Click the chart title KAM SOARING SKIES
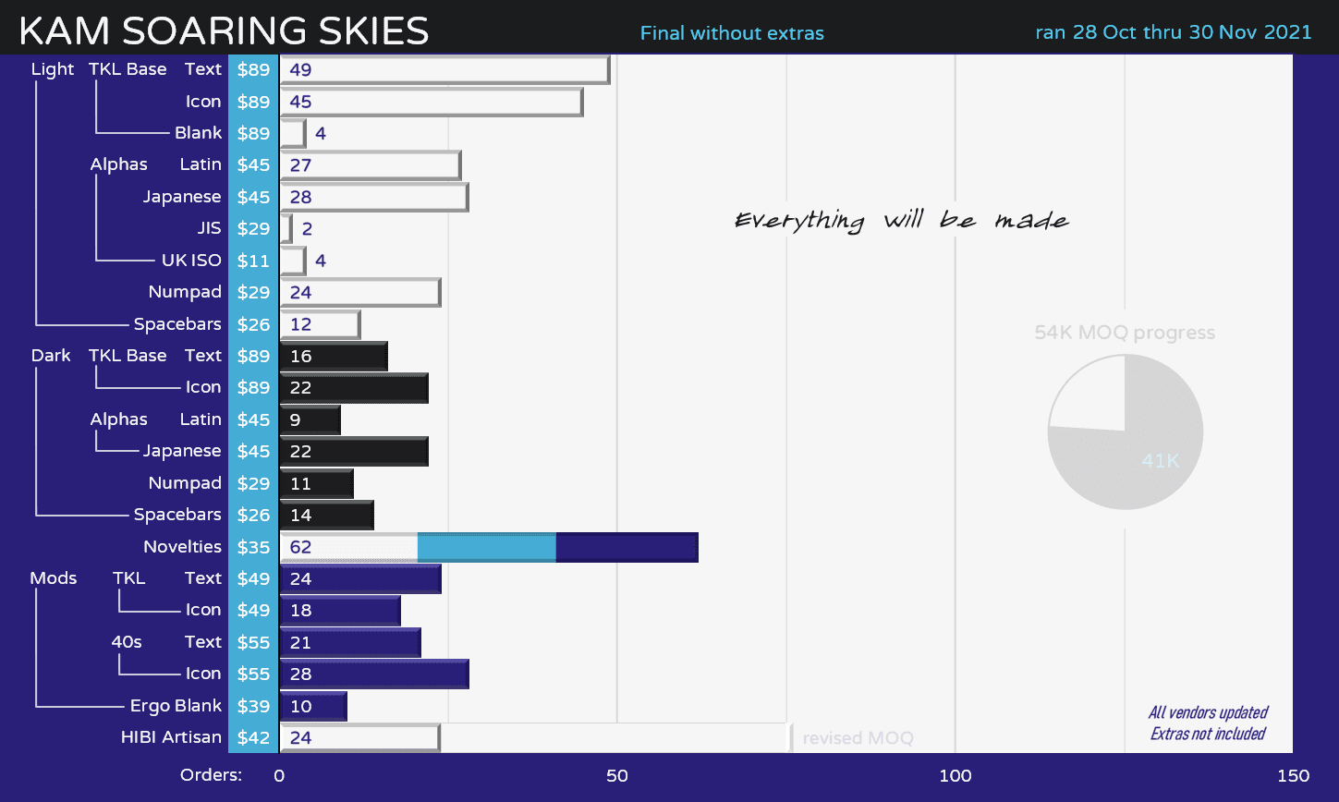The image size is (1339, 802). (224, 31)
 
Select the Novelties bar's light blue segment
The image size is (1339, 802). (486, 547)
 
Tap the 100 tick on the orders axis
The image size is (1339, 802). (955, 776)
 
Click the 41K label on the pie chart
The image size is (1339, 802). (1160, 460)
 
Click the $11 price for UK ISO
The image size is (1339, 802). (253, 261)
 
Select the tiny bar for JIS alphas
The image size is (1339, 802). (286, 228)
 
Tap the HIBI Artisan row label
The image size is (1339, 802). (171, 737)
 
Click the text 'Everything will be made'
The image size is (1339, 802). (902, 221)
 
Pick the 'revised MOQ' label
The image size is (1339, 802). (858, 738)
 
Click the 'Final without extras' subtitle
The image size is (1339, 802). (732, 33)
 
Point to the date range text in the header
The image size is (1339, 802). (1173, 32)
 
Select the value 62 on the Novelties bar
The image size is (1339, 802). (300, 547)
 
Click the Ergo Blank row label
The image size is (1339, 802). (176, 706)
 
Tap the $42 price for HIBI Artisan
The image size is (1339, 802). (253, 737)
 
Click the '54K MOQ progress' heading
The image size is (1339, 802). (1125, 333)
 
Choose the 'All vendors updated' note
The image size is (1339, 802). (1208, 712)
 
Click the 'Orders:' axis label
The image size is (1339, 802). (211, 775)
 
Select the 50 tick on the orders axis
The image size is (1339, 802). (616, 776)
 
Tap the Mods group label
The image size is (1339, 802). (54, 578)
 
